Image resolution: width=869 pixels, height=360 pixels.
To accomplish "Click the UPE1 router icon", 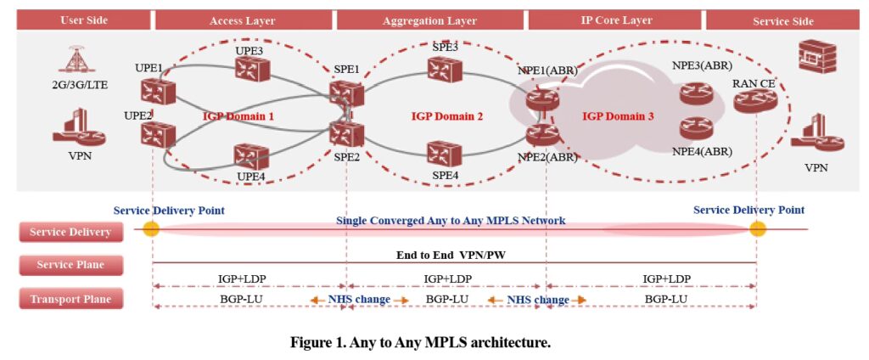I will [158, 92].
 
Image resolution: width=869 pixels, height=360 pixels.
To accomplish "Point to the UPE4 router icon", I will [251, 156].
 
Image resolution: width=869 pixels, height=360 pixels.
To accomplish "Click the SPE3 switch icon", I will [444, 70].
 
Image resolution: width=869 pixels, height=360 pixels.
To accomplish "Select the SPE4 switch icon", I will [444, 154].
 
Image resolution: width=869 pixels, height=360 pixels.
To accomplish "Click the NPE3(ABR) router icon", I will [698, 92].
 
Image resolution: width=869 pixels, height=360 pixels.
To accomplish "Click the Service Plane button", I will [70, 265].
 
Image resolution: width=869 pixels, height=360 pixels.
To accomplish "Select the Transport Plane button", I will [70, 298].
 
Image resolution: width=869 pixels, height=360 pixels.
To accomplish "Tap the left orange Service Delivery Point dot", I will [151, 229].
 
